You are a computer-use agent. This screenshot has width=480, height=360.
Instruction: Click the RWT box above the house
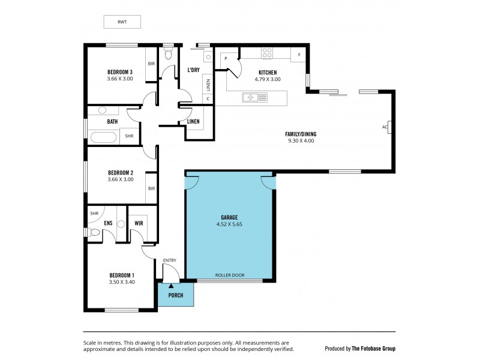(x=122, y=22)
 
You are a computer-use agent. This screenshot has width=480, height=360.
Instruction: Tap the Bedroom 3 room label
(x=119, y=72)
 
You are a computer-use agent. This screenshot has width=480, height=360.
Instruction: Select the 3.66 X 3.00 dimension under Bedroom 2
(x=119, y=179)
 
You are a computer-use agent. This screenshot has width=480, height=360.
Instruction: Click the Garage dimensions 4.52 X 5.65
(x=230, y=224)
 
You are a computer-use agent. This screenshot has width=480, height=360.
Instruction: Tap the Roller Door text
(x=230, y=276)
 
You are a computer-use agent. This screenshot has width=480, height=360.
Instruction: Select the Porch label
(x=176, y=295)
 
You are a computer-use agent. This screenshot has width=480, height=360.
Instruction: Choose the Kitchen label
(x=267, y=73)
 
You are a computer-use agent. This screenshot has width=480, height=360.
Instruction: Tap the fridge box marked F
(x=298, y=55)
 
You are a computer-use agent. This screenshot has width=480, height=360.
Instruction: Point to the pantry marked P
(x=226, y=58)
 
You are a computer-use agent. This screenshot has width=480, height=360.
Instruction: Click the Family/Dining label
(x=301, y=134)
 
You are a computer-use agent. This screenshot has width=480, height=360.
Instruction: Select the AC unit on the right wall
(x=389, y=127)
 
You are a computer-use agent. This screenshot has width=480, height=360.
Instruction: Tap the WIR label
(x=139, y=224)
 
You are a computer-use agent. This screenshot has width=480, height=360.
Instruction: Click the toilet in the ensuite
(x=94, y=232)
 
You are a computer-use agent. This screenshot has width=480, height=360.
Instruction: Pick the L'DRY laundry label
(x=193, y=70)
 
